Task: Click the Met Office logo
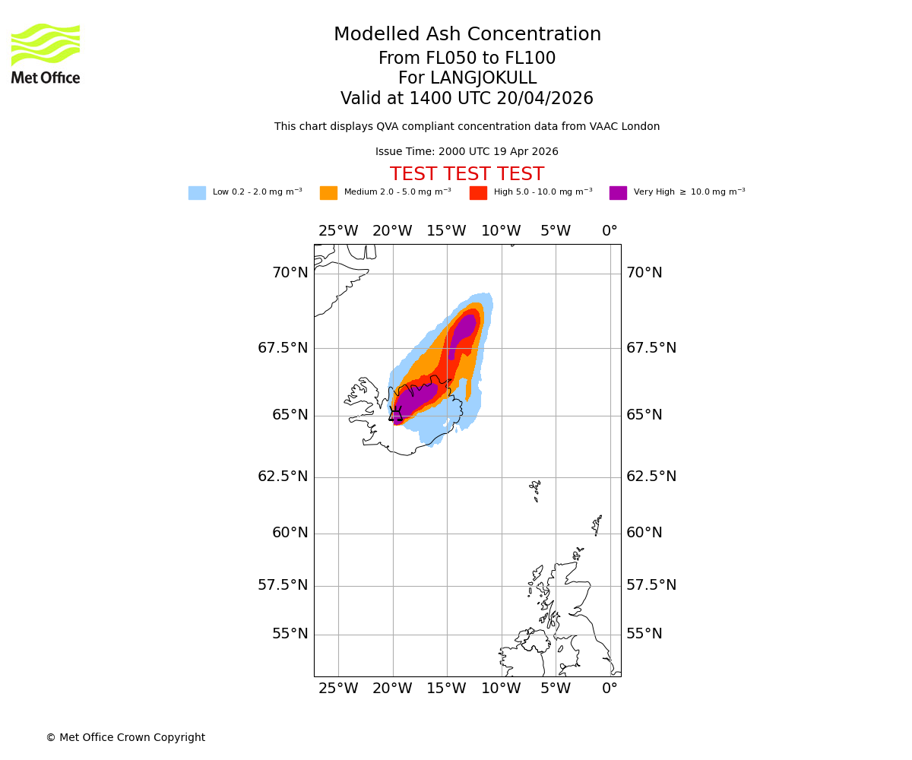46,53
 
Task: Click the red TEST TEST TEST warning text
467,175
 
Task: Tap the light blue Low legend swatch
197,193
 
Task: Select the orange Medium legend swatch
328,193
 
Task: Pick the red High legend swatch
478,193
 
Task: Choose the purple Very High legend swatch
618,193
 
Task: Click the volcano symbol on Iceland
395,413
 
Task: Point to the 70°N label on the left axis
290,273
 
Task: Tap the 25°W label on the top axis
338,231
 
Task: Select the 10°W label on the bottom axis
501,689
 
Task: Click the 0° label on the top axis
610,231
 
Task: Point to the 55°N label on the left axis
290,634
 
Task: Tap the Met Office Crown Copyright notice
125,737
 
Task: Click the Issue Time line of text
467,152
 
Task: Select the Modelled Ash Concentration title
467,35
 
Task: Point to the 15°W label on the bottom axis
446,689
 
